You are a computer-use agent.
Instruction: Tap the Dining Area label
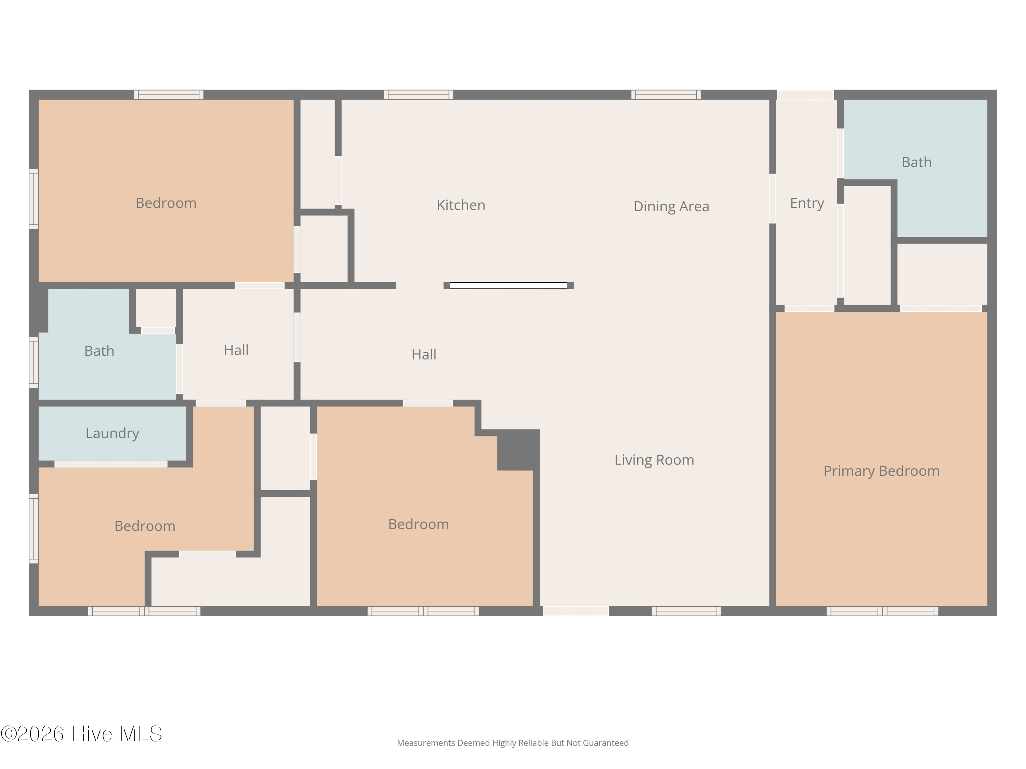[x=671, y=206]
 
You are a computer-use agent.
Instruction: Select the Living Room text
[x=654, y=460]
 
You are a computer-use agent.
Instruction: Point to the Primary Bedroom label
[x=881, y=471]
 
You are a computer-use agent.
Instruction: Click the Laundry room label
[x=112, y=433]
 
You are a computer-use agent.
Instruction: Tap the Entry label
[x=807, y=203]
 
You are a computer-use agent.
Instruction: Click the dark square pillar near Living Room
[x=518, y=450]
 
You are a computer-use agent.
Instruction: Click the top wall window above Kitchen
[x=418, y=95]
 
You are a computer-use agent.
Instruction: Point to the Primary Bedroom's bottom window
[x=882, y=611]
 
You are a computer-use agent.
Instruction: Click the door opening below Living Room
[x=576, y=611]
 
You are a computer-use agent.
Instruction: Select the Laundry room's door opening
[x=111, y=464]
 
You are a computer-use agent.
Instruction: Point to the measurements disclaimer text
[x=513, y=743]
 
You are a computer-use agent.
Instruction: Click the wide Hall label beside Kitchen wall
[x=424, y=355]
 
